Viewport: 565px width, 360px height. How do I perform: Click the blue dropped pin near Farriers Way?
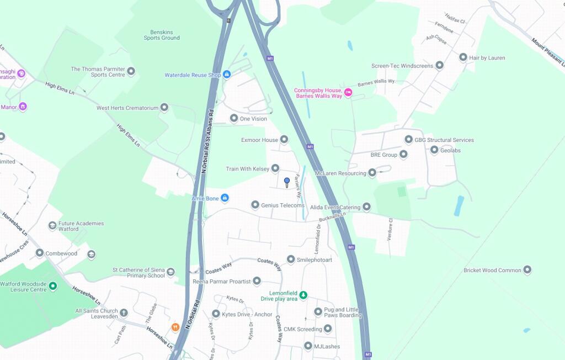pos(287,182)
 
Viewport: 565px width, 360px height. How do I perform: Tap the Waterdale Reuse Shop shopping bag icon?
pos(227,75)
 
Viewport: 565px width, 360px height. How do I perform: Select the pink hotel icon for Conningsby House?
pos(348,92)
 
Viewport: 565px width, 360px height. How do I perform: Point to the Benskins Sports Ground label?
pos(162,35)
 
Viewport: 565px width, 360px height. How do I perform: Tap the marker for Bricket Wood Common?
pos(527,270)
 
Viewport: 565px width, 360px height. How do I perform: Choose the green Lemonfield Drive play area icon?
pos(303,296)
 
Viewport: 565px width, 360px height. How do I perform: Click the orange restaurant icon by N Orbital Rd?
pos(175,327)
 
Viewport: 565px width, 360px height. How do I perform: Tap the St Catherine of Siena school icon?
pos(171,272)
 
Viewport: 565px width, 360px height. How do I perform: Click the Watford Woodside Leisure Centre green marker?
pos(53,285)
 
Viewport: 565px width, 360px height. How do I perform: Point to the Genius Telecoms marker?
pos(255,205)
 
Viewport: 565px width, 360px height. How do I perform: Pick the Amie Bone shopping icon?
pos(225,198)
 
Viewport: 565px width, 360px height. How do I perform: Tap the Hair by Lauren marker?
pos(463,57)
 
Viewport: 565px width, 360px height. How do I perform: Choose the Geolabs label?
pos(450,150)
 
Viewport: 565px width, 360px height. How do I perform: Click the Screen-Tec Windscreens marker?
pos(439,66)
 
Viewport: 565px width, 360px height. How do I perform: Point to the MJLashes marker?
pos(308,346)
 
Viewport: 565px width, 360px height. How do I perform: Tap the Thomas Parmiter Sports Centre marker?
pos(131,71)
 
